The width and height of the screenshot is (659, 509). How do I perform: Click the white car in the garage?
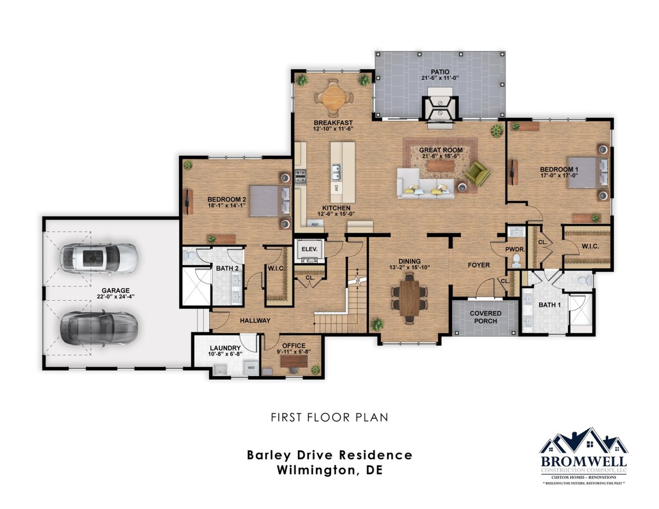point(99,258)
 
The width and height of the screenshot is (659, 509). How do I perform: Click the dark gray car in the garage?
point(99,329)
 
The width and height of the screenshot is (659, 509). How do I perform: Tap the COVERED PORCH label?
point(486,317)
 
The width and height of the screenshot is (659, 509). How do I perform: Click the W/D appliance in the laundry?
point(251,368)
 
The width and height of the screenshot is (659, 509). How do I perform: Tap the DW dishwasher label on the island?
point(335,188)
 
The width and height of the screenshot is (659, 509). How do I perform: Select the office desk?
point(293,361)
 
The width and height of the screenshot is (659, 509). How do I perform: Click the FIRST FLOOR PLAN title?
point(329,417)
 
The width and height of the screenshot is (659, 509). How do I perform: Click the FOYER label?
point(479,265)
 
